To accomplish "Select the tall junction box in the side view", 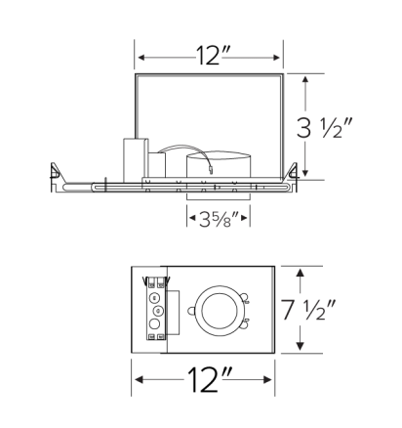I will pyautogui.click(x=134, y=157).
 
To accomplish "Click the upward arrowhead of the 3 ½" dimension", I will pyautogui.click(x=306, y=78).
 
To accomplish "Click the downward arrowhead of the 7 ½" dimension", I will pyautogui.click(x=301, y=347).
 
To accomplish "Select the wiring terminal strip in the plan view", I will pyautogui.click(x=153, y=307).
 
